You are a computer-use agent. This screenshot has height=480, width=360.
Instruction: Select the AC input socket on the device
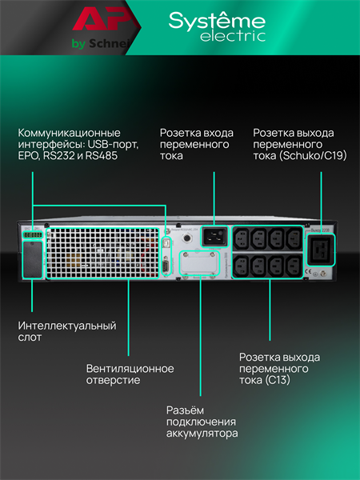click(212, 237)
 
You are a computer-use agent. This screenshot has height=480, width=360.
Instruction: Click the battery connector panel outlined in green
click(198, 263)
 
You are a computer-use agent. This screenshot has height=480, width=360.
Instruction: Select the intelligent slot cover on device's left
click(31, 258)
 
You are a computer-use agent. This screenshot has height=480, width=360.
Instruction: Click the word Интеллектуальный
click(67, 326)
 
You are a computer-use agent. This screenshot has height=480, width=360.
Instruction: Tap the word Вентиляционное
click(130, 369)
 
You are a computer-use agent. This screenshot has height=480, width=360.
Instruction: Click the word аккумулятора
click(202, 434)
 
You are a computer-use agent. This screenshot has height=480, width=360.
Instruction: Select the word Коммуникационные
click(70, 132)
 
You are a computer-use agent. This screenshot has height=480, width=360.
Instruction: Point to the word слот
click(30, 338)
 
